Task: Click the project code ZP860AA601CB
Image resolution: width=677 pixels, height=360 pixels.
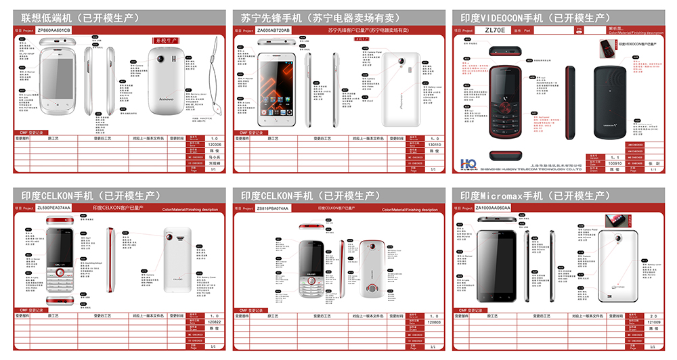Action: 53,30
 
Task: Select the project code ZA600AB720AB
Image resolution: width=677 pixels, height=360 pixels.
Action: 274,30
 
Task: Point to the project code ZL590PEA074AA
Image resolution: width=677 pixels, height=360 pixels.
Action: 54,208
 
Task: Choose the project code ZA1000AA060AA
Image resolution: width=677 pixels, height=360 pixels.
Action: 493,208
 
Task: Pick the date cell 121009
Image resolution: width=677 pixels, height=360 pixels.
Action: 653,322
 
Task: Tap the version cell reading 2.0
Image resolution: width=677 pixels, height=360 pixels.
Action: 653,315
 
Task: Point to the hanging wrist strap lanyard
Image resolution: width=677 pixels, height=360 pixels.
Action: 215,74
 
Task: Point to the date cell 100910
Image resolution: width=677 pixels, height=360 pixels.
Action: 615,163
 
